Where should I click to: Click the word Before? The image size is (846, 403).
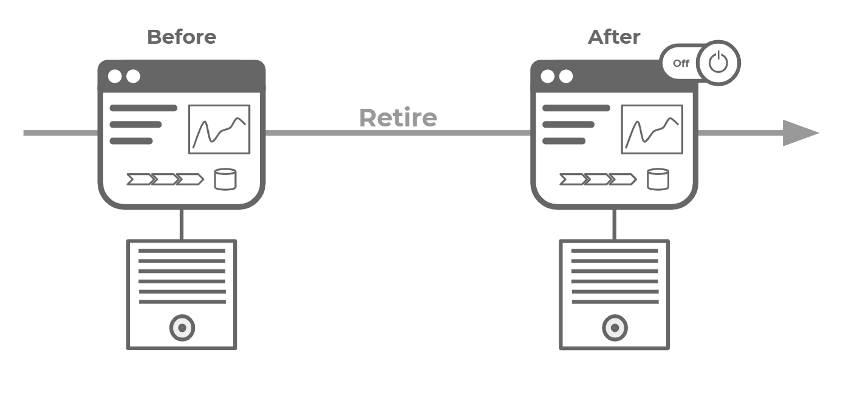pos(181,37)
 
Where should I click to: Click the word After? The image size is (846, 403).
pos(613,37)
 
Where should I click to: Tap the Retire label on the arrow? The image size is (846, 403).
pos(398,117)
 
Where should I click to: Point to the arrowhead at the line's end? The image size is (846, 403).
pos(800,133)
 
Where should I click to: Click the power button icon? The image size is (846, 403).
pos(718,62)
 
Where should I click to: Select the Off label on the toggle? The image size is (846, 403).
pos(681,63)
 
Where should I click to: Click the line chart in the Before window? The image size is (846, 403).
pos(219,129)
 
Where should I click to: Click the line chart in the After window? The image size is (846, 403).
pos(652,129)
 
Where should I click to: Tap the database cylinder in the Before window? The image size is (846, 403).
pos(225,179)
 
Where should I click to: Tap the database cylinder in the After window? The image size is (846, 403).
pos(658,179)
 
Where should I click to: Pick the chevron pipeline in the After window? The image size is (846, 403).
pos(598,179)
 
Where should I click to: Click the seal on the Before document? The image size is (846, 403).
pos(182,328)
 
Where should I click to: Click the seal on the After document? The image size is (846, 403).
pos(614,328)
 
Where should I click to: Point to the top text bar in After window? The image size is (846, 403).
pos(576,108)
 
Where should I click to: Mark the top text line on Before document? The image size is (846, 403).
pos(182,250)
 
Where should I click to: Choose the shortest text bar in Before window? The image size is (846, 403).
pos(131,141)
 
